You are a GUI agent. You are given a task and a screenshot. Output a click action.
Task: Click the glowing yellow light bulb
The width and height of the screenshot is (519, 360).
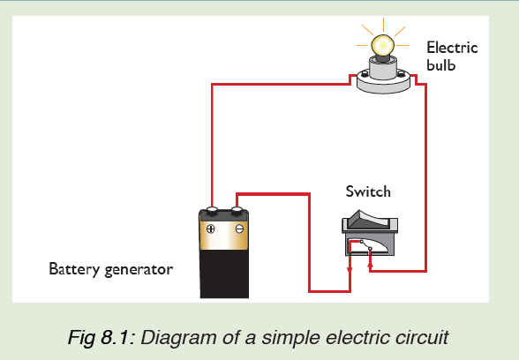click(383, 45)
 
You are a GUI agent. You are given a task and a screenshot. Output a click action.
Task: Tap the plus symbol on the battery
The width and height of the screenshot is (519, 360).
click(210, 229)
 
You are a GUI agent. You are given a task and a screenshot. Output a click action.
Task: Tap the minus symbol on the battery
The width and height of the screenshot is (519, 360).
click(239, 229)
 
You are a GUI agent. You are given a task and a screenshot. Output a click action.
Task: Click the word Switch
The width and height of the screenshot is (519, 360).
click(368, 191)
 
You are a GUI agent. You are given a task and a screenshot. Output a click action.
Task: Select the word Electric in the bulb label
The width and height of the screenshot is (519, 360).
click(452, 48)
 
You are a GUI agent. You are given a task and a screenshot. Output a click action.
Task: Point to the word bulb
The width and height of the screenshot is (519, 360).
click(441, 65)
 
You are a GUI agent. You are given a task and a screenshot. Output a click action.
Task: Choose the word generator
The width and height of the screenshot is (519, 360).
click(139, 270)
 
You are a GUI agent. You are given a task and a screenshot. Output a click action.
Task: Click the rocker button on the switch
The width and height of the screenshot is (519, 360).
click(371, 219)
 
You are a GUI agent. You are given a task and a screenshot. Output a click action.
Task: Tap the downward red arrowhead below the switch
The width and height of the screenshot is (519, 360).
click(350, 270)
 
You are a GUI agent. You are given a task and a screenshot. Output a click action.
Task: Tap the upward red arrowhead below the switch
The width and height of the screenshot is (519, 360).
click(370, 264)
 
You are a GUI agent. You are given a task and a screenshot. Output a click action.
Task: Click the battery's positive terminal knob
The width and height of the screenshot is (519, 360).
click(212, 210)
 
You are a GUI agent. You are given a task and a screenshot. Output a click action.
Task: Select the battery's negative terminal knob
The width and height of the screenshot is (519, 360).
click(237, 210)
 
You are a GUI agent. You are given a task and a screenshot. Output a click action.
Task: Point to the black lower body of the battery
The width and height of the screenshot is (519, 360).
click(224, 274)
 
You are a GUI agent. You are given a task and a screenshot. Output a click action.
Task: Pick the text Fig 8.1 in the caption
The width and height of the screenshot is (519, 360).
click(98, 338)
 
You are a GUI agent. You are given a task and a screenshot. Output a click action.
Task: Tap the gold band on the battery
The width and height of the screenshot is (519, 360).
click(224, 236)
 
